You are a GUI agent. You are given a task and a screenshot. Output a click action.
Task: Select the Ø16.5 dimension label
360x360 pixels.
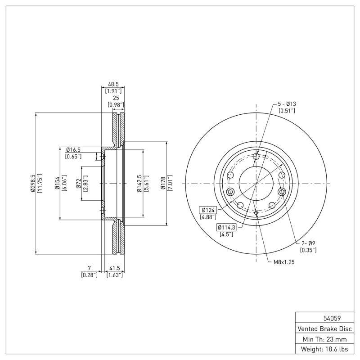point(73,150)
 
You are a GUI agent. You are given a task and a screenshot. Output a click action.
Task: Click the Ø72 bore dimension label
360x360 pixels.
point(78,184)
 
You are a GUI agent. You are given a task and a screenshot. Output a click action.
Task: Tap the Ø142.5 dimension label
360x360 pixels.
point(139,184)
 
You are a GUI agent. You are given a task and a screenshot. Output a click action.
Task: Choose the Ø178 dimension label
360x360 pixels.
point(164,184)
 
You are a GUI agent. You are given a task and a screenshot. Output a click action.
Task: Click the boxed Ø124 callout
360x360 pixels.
point(208,210)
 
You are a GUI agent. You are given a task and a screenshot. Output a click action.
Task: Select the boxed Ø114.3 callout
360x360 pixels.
point(227,227)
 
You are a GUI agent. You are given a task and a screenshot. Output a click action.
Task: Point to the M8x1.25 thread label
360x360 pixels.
point(283,262)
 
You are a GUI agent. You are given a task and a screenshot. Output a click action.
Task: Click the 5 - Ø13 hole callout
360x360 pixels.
point(287,104)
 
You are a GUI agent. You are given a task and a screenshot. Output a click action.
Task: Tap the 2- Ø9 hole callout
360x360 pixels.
point(308,243)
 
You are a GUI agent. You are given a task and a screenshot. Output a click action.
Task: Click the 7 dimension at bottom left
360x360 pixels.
point(89,268)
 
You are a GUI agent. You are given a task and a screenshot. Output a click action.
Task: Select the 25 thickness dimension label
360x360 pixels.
point(116,98)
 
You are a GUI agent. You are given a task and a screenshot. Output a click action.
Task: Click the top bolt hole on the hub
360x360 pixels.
point(256,157)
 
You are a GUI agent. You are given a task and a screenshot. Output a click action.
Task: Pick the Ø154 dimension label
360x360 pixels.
point(58,184)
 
